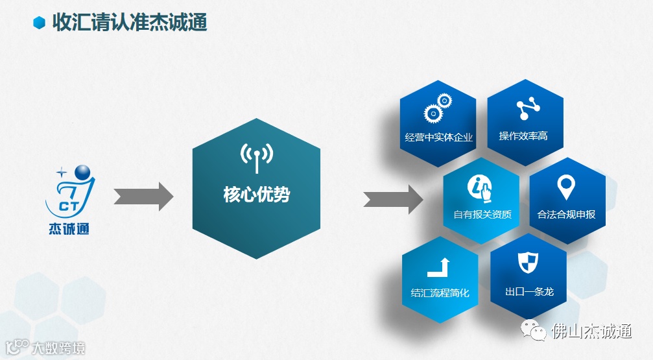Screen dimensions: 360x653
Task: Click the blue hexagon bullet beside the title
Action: [40, 23]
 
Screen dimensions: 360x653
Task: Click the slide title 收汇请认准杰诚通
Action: [129, 23]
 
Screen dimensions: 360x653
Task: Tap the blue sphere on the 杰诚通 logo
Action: [84, 174]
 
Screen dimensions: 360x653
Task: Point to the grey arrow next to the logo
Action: [143, 197]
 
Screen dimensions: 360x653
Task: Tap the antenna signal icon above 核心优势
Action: [257, 156]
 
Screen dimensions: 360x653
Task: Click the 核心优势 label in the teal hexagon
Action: [257, 195]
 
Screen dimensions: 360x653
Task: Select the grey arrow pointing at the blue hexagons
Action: [392, 197]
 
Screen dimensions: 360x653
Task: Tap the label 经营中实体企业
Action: [439, 138]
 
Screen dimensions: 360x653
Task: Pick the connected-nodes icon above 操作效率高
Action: [523, 109]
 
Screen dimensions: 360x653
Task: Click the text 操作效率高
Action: [523, 136]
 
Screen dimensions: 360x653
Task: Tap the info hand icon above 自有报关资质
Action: [481, 187]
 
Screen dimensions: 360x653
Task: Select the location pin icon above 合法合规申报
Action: [566, 187]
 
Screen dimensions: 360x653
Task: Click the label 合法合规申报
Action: [566, 215]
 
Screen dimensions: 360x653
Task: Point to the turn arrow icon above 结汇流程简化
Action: [439, 267]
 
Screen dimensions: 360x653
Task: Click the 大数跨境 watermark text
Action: [58, 348]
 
